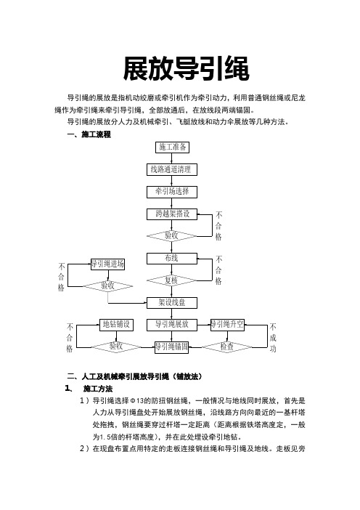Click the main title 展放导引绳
pyautogui.click(x=187, y=68)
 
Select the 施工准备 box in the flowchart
pyautogui.click(x=172, y=147)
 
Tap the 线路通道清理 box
pyautogui.click(x=171, y=169)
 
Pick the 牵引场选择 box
pyautogui.click(x=171, y=192)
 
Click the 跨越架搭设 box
pyautogui.click(x=171, y=214)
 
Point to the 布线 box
pyautogui.click(x=171, y=259)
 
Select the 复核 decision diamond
pyautogui.click(x=171, y=280)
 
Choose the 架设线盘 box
pyautogui.click(x=171, y=303)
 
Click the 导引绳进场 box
pyautogui.click(x=107, y=264)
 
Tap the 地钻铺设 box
pyautogui.click(x=116, y=325)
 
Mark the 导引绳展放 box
pyautogui.click(x=171, y=325)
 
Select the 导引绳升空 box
pyautogui.click(x=227, y=325)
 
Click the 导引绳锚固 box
pyautogui.click(x=171, y=347)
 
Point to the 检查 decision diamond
pyautogui.click(x=227, y=347)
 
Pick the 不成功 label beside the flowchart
pyautogui.click(x=273, y=337)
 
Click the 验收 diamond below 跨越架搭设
pyautogui.click(x=171, y=236)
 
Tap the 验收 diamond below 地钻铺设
pyautogui.click(x=116, y=347)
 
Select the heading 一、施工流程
pyautogui.click(x=89, y=134)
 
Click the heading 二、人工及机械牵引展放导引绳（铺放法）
pyautogui.click(x=134, y=376)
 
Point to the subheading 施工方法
pyautogui.click(x=98, y=389)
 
